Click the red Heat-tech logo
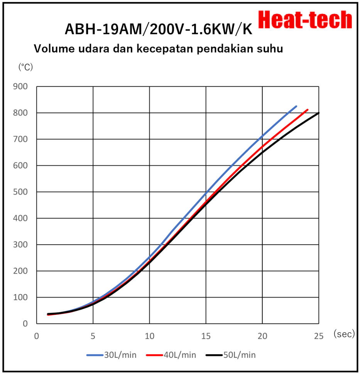coord(305,20)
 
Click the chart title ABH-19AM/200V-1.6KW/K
coord(158,29)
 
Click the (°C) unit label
coord(26,67)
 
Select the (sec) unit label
coord(344,335)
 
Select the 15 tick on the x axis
coord(206,336)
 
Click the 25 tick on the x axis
coord(319,336)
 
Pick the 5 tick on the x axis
coord(93,336)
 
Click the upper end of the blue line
coord(296,106)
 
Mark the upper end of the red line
coord(307,110)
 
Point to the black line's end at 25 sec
coord(319,113)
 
